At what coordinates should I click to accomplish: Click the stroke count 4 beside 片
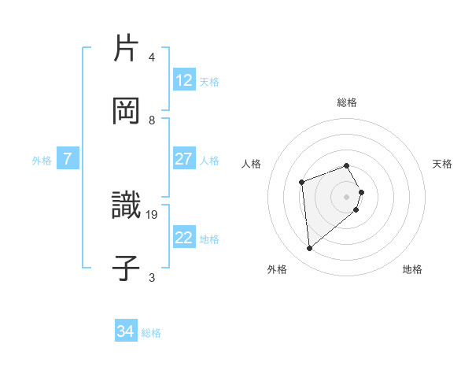pos(152,57)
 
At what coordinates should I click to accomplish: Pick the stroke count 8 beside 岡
pos(152,120)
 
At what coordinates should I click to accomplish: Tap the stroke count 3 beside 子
pos(152,277)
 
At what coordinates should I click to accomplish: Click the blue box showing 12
pos(184,80)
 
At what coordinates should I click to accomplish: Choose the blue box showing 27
pos(184,159)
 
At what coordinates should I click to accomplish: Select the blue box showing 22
pos(184,238)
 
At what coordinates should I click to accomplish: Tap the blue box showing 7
pos(68,159)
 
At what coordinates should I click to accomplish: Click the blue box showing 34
pos(126,331)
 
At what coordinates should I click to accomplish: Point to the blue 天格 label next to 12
pos(209,82)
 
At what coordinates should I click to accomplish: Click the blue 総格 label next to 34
pos(151,333)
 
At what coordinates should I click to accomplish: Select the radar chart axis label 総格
pos(347,102)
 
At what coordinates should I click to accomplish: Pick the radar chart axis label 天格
pos(443,164)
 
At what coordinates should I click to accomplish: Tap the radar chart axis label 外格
pos(277,269)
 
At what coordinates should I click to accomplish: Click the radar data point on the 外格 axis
pos(310,249)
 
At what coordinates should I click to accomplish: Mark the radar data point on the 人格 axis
pos(302,183)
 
